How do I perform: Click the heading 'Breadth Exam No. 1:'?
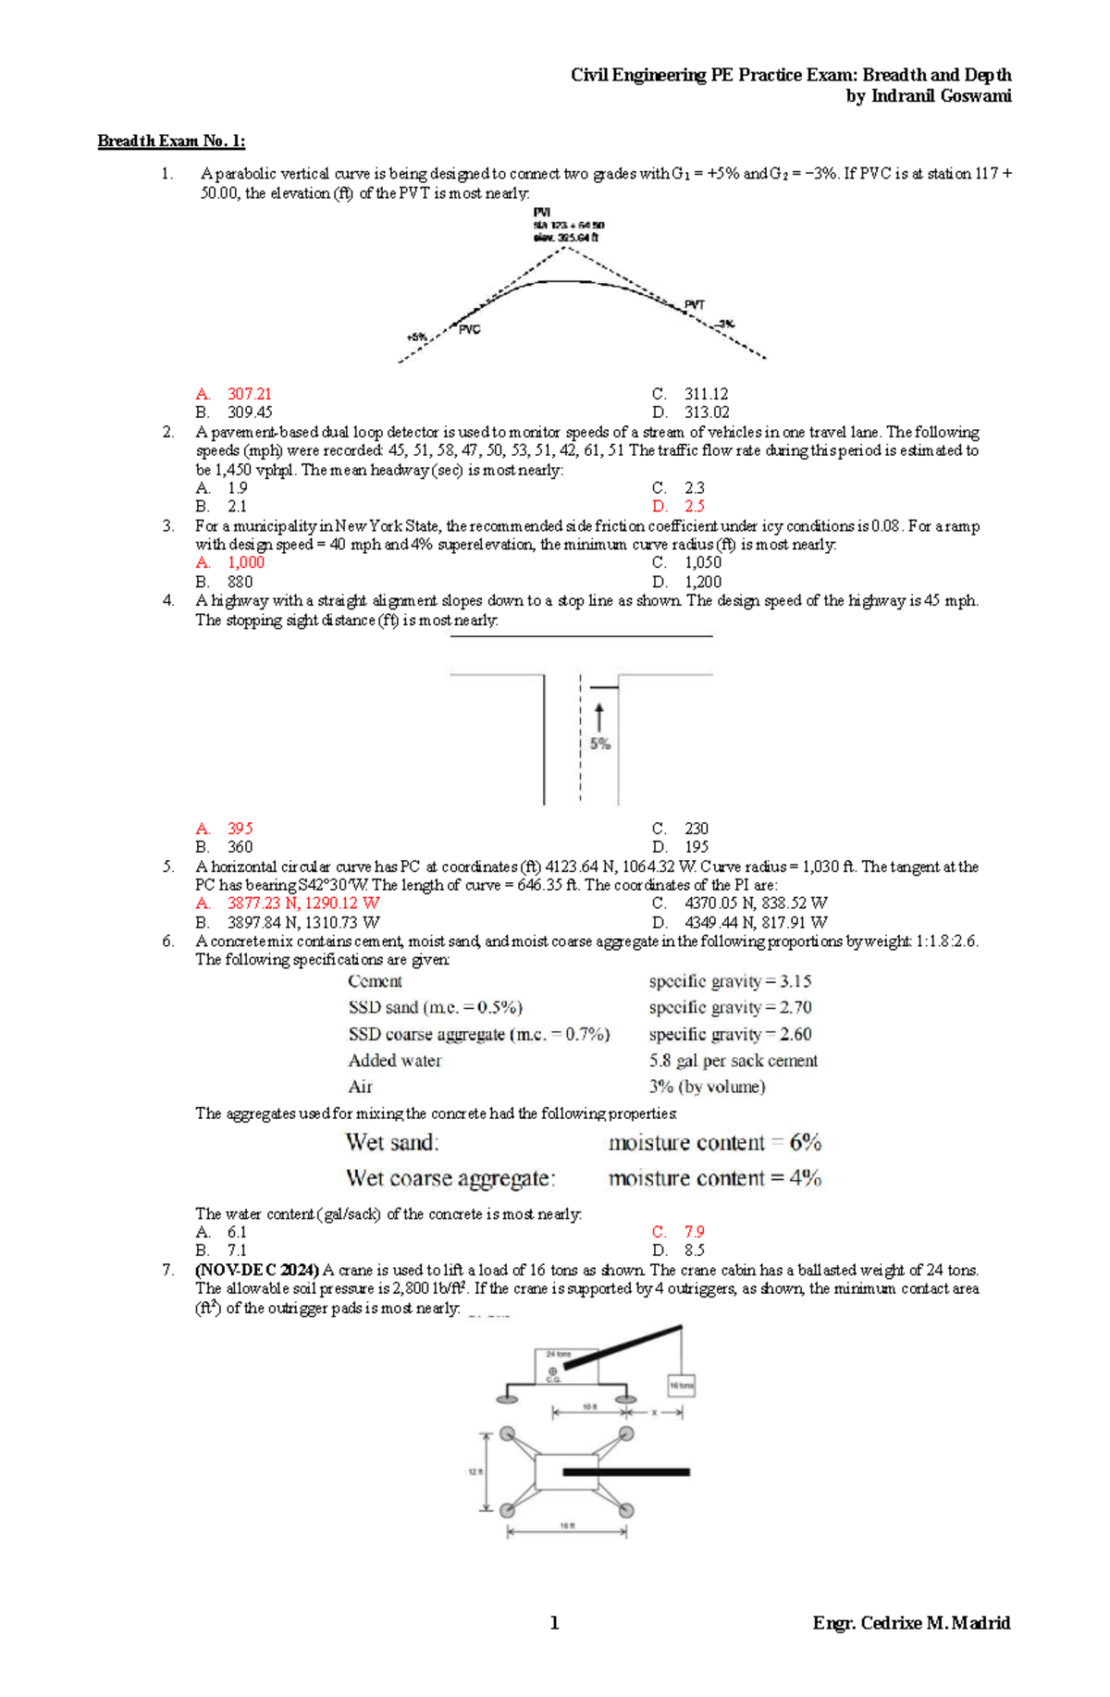click(171, 141)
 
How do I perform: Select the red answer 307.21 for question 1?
click(249, 394)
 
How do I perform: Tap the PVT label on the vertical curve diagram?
click(694, 304)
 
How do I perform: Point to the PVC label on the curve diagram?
click(470, 329)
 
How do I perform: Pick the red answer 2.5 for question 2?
click(694, 507)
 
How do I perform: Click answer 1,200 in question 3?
click(702, 582)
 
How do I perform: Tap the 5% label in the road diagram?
click(599, 744)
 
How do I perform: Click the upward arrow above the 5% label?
click(599, 718)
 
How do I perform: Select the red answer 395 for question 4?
click(240, 829)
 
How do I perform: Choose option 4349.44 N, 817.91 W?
click(755, 922)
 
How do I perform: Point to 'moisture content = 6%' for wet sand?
click(714, 1143)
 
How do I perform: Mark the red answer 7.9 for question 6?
click(694, 1232)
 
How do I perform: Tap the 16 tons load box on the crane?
click(681, 1385)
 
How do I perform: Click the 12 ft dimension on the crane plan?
click(475, 1471)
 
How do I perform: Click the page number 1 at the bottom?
click(554, 1622)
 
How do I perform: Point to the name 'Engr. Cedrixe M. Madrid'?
click(910, 1622)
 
